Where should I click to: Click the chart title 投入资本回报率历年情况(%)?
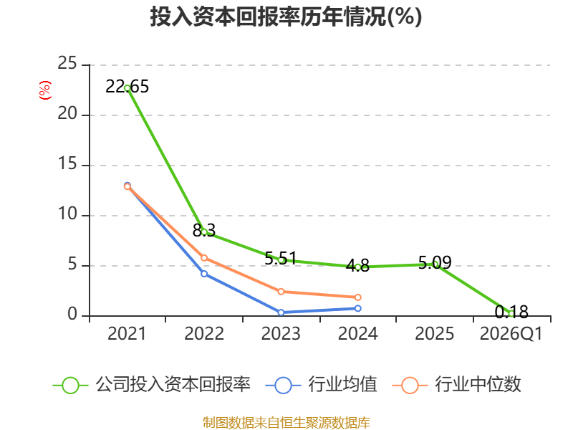pyautogui.click(x=286, y=16)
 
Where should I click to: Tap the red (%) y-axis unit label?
pyautogui.click(x=45, y=90)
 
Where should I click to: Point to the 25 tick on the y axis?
pyautogui.click(x=67, y=64)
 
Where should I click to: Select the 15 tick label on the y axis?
pyautogui.click(x=67, y=164)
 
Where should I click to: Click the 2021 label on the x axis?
pyautogui.click(x=127, y=333)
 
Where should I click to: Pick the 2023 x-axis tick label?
pyautogui.click(x=281, y=333)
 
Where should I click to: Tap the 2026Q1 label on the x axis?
pyautogui.click(x=511, y=333)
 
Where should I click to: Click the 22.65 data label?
pyautogui.click(x=127, y=87)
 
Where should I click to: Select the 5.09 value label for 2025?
pyautogui.click(x=435, y=262)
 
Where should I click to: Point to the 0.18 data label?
pyautogui.click(x=511, y=312)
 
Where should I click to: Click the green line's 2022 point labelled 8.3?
pyautogui.click(x=204, y=231)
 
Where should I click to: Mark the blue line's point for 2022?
pyautogui.click(x=204, y=274)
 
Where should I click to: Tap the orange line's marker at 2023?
pyautogui.click(x=281, y=292)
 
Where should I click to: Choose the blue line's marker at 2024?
pyautogui.click(x=357, y=308)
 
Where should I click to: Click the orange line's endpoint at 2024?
pyautogui.click(x=357, y=297)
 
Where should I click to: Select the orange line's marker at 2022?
pyautogui.click(x=204, y=258)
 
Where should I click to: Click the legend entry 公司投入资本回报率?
pyautogui.click(x=152, y=385)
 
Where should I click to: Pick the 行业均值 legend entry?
pyautogui.click(x=321, y=385)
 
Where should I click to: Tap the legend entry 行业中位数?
pyautogui.click(x=456, y=385)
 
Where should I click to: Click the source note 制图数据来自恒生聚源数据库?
pyautogui.click(x=286, y=423)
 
